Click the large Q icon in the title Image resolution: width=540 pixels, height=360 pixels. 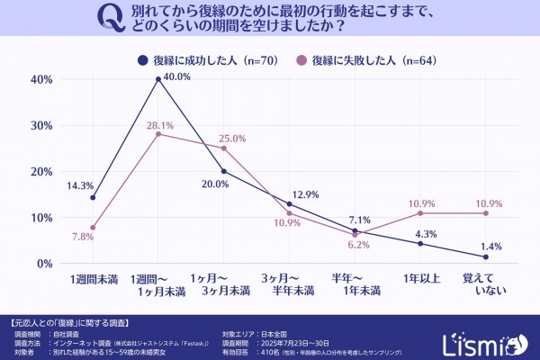pyautogui.click(x=109, y=20)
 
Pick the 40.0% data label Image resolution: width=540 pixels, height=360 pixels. pyautogui.click(x=178, y=77)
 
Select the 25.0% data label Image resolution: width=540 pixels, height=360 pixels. pyautogui.click(x=232, y=139)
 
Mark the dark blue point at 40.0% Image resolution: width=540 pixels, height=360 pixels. pyautogui.click(x=158, y=79)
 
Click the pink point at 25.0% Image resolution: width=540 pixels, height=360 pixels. pyautogui.click(x=224, y=148)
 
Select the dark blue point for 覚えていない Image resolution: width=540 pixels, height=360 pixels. pyautogui.click(x=486, y=257)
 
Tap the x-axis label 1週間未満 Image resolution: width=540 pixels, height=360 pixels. pyautogui.click(x=93, y=280)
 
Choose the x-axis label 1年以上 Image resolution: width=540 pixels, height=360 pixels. pyautogui.click(x=420, y=280)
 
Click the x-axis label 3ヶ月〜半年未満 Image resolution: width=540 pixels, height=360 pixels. pyautogui.click(x=289, y=285)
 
